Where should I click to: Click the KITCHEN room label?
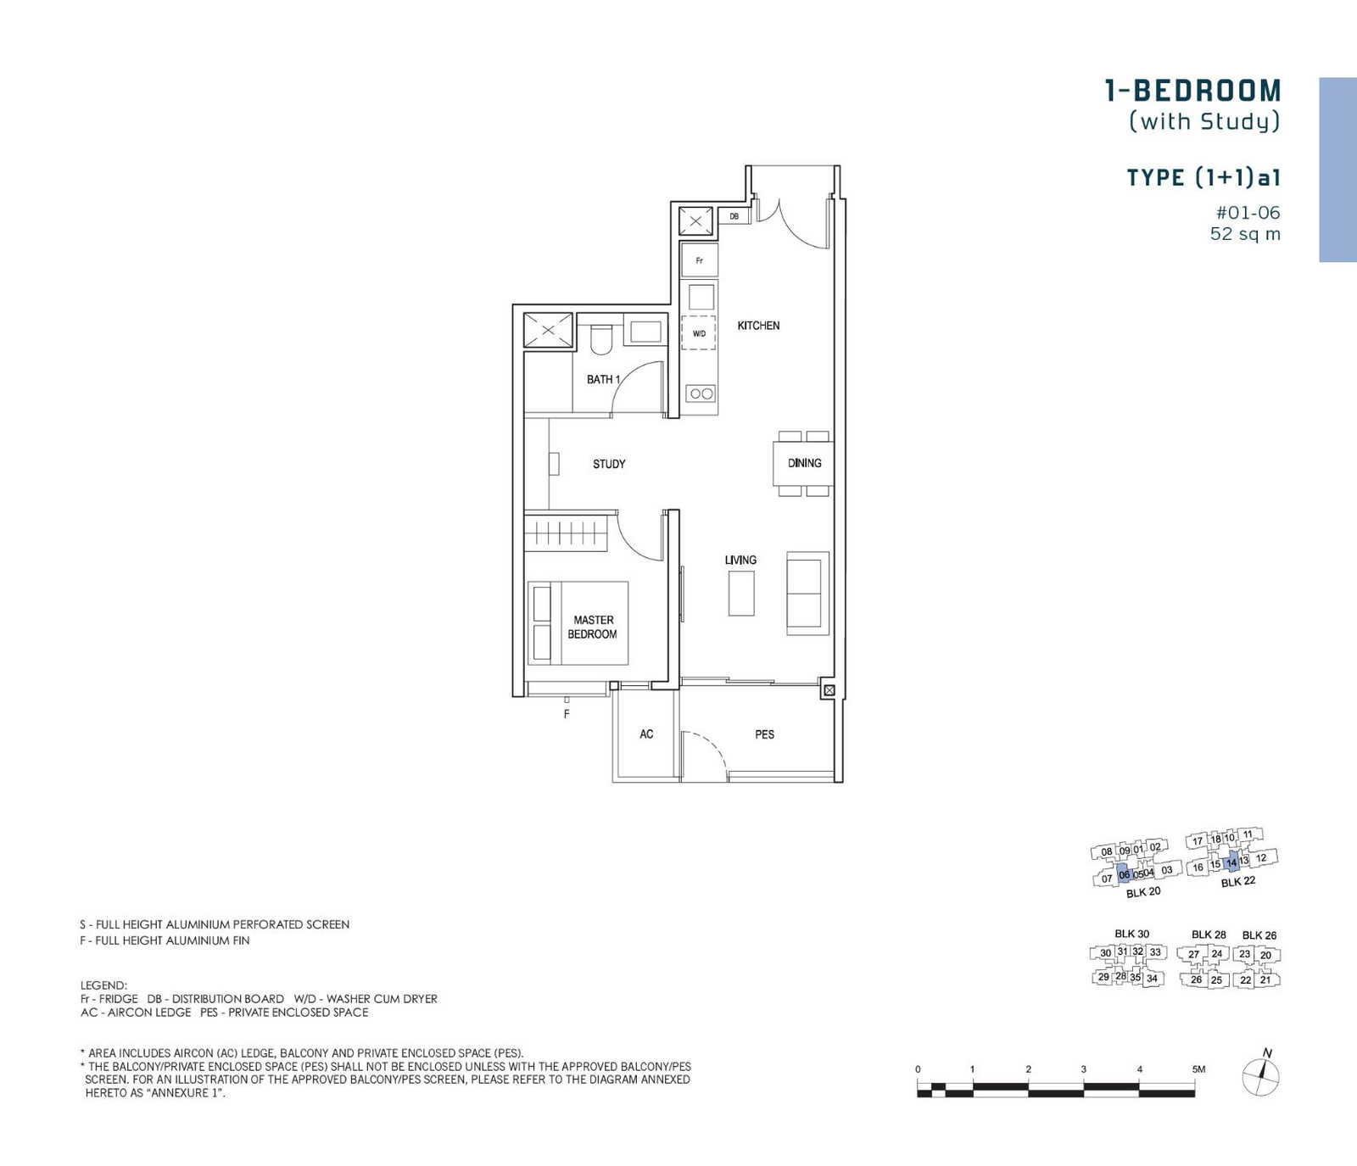[x=758, y=326]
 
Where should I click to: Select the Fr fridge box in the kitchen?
[x=700, y=260]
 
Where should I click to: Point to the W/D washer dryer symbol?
[x=699, y=333]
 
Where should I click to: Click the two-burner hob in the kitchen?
[x=701, y=393]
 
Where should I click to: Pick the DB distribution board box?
[x=734, y=216]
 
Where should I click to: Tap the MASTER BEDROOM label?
[x=593, y=627]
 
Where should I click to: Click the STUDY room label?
[x=609, y=464]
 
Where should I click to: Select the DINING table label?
[x=804, y=463]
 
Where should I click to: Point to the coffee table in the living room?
[x=741, y=593]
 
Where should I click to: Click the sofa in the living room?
[x=807, y=593]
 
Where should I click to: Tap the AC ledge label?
[x=646, y=734]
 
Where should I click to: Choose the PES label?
[x=764, y=734]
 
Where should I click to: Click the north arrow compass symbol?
[x=1261, y=1075]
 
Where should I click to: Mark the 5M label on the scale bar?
[x=1198, y=1069]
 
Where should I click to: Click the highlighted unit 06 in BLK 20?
[x=1125, y=875]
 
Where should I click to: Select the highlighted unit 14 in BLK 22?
[x=1232, y=862]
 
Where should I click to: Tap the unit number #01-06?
[x=1248, y=213]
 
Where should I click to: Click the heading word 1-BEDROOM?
[x=1193, y=91]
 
